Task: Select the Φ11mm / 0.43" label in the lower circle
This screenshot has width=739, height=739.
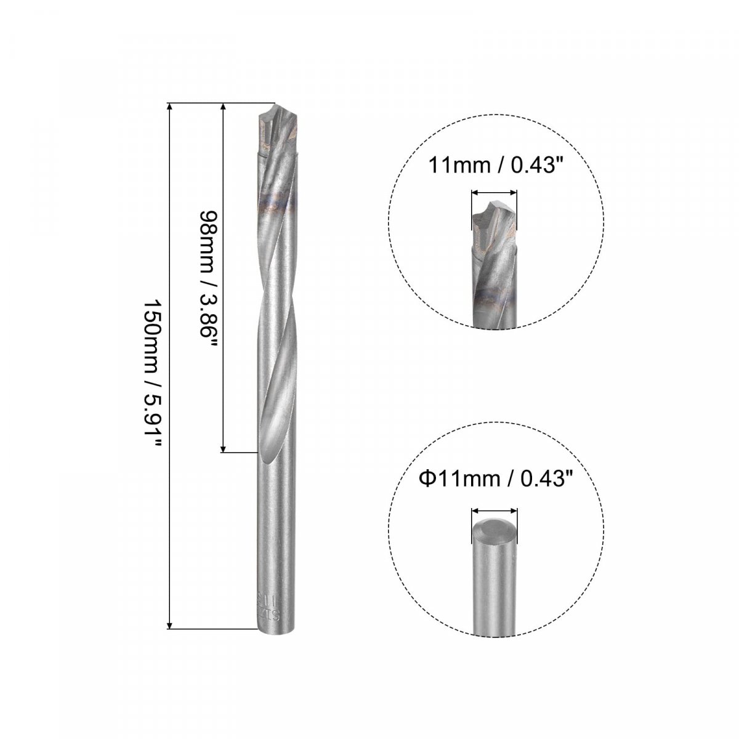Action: click(492, 479)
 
